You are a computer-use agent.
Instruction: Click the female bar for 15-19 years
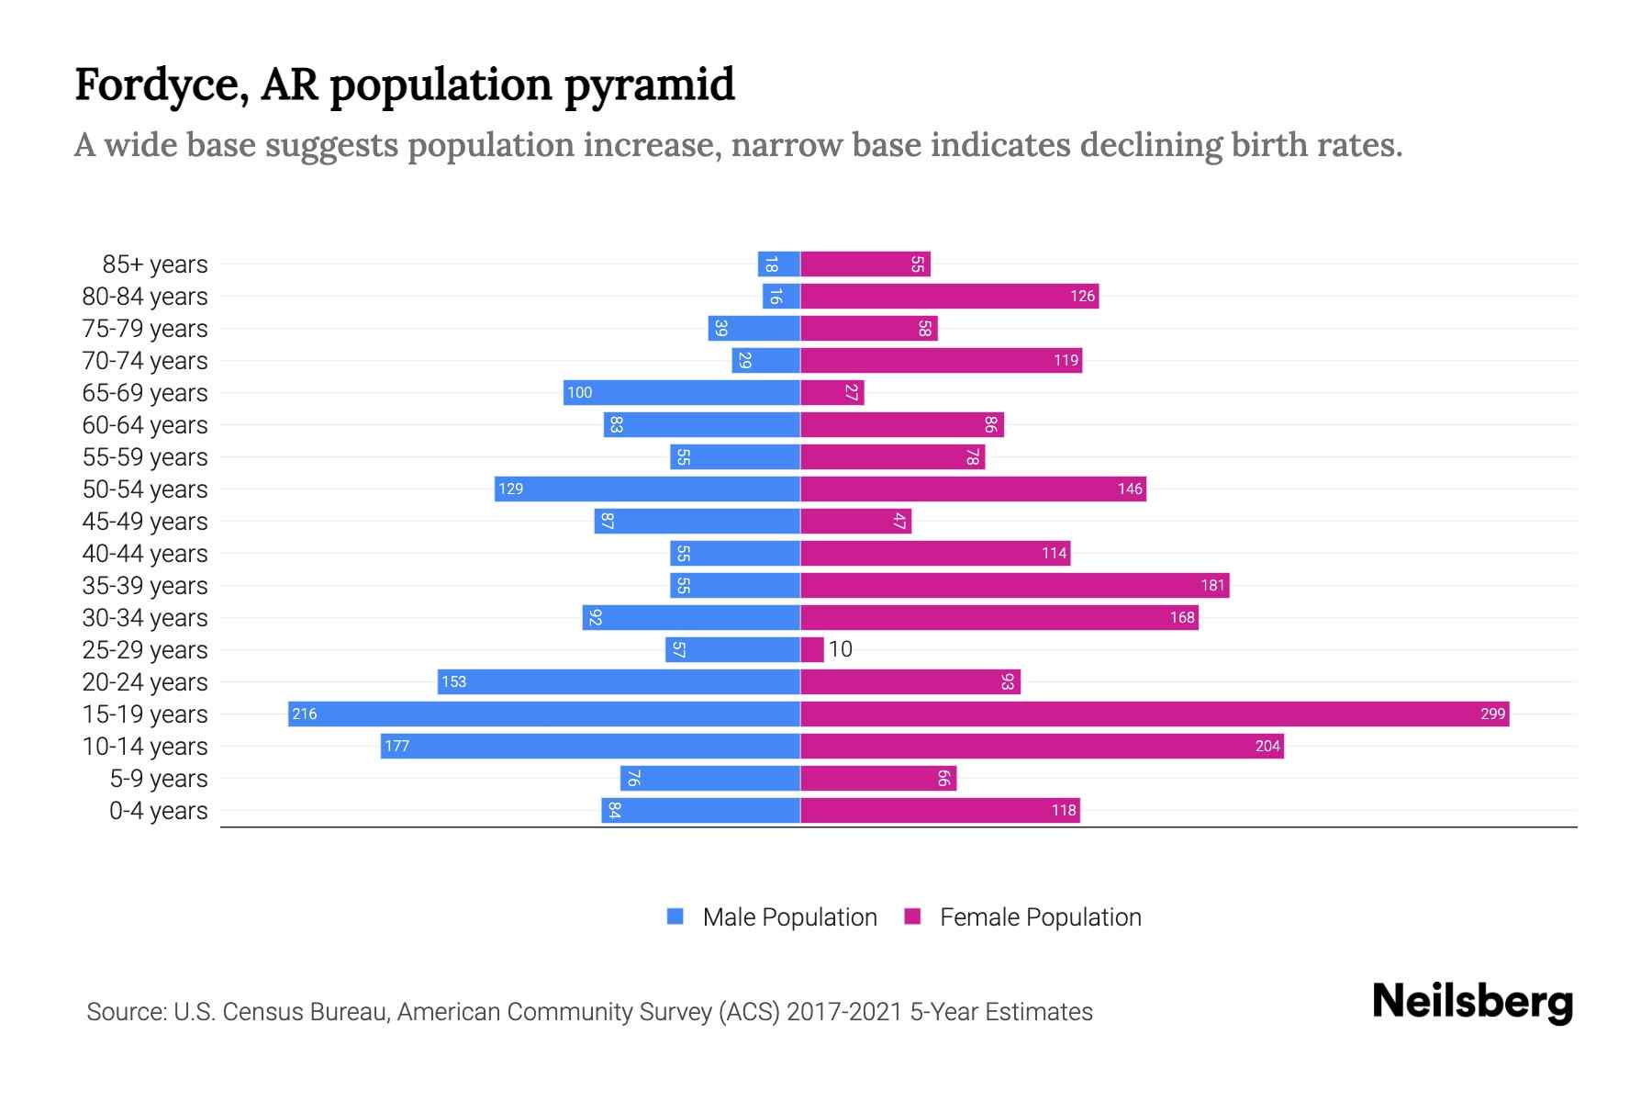[x=1155, y=714]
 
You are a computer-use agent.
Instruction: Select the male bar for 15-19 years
[x=544, y=714]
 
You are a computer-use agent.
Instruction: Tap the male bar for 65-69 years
[x=682, y=392]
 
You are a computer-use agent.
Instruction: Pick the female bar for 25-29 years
[x=812, y=649]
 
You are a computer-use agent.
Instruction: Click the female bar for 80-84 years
[x=950, y=296]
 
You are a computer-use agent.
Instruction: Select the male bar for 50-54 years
[x=647, y=489]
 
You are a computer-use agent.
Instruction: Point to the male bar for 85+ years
[x=779, y=264]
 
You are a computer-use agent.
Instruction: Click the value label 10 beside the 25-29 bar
[x=841, y=649]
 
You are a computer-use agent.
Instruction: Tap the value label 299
[x=1492, y=714]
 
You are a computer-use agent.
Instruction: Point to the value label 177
[x=396, y=746]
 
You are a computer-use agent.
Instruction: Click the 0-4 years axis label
[x=158, y=811]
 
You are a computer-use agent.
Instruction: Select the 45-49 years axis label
[x=145, y=522]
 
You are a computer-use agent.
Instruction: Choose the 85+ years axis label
[x=155, y=264]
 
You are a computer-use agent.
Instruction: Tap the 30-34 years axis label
[x=145, y=618]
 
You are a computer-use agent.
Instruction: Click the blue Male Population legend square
[x=675, y=916]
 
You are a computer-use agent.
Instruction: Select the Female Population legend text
[x=1040, y=916]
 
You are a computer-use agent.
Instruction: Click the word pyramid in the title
[x=649, y=85]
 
